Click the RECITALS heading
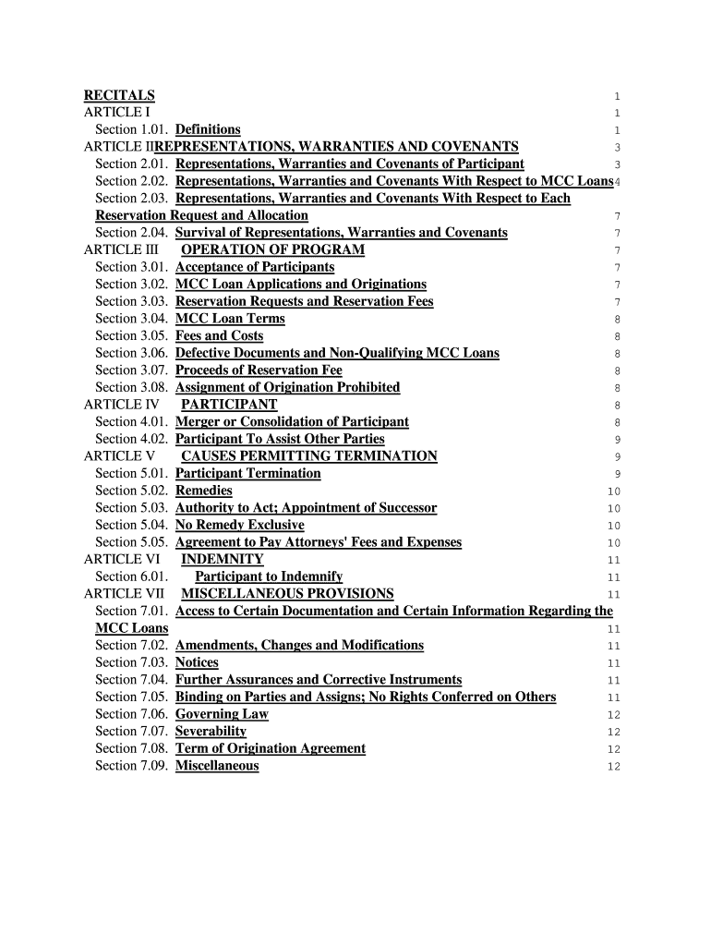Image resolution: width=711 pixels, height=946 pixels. pyautogui.click(x=119, y=95)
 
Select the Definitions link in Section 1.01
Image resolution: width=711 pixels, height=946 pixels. pyautogui.click(x=208, y=129)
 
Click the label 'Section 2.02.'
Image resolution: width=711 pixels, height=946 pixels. pyautogui.click(x=131, y=181)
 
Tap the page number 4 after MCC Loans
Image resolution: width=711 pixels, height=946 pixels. pyautogui.click(x=617, y=182)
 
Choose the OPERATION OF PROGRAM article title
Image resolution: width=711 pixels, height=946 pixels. pyautogui.click(x=272, y=249)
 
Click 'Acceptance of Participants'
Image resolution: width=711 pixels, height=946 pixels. pyautogui.click(x=255, y=267)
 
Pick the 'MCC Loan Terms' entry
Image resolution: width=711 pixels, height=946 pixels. pyautogui.click(x=230, y=319)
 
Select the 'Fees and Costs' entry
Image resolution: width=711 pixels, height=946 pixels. pyautogui.click(x=219, y=336)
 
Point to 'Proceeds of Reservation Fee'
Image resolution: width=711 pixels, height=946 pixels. pyautogui.click(x=259, y=370)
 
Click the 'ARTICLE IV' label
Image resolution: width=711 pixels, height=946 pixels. pyautogui.click(x=121, y=405)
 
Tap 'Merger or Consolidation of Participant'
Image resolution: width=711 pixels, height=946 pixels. pyautogui.click(x=292, y=422)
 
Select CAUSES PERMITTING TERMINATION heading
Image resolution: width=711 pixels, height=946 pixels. pyautogui.click(x=308, y=456)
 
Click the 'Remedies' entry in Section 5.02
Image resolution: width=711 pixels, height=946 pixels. pyautogui.click(x=203, y=491)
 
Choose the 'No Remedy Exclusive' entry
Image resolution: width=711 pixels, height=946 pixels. pyautogui.click(x=239, y=526)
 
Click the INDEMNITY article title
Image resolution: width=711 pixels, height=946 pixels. pyautogui.click(x=222, y=560)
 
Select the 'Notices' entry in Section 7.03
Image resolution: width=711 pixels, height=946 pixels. pyautogui.click(x=197, y=662)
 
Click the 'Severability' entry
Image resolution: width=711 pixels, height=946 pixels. pyautogui.click(x=211, y=732)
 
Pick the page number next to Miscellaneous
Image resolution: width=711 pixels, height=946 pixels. pyautogui.click(x=614, y=767)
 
